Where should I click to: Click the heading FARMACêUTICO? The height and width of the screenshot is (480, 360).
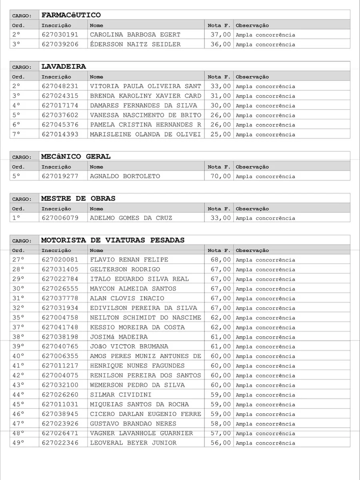(x=71, y=15)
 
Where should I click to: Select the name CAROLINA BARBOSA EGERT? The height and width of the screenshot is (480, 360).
(x=135, y=35)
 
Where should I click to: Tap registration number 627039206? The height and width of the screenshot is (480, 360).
(x=60, y=44)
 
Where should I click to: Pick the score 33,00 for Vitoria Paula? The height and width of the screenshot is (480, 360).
(x=220, y=86)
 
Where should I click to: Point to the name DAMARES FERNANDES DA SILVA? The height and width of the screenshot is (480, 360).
(x=143, y=106)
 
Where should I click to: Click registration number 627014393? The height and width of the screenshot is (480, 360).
(x=60, y=134)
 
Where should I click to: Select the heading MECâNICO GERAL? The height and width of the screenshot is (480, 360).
(x=76, y=157)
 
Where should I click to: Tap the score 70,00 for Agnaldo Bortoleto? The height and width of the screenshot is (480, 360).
(x=220, y=176)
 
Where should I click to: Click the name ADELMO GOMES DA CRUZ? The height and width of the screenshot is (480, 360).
(x=131, y=218)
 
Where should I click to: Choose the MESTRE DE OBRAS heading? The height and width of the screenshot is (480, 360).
(x=78, y=199)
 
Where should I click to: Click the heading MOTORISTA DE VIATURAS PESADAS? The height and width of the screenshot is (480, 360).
(x=113, y=240)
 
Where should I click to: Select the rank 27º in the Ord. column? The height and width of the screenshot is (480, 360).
(x=18, y=260)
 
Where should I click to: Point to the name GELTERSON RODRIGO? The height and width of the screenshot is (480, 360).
(x=125, y=270)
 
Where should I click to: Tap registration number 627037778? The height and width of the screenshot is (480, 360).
(x=60, y=298)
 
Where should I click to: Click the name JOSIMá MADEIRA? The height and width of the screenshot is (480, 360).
(x=118, y=337)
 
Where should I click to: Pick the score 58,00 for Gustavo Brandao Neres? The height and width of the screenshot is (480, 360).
(x=220, y=424)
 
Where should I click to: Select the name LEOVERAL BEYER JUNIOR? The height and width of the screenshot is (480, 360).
(x=133, y=443)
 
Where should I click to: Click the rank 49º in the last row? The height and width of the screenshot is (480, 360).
(x=18, y=443)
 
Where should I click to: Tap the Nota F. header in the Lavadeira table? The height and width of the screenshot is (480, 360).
(x=219, y=77)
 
